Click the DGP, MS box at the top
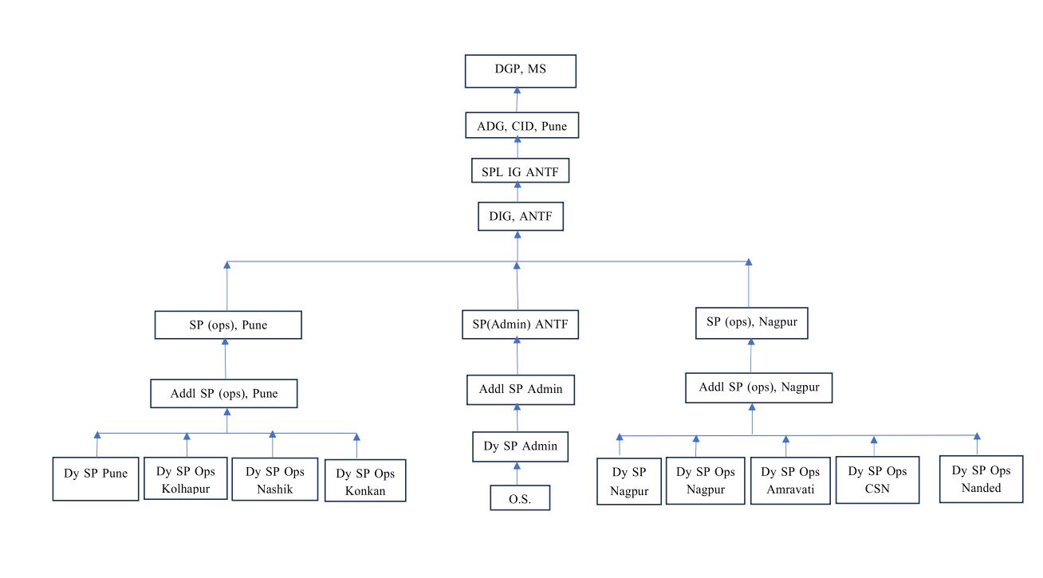tap(520, 71)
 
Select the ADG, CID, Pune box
tap(521, 125)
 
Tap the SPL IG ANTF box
tap(520, 171)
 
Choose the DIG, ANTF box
tap(520, 216)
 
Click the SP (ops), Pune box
tap(228, 325)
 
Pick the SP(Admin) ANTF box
tap(520, 324)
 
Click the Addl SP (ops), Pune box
tap(224, 393)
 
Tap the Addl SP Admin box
tap(520, 389)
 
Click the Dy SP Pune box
tap(96, 478)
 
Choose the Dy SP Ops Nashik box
tap(274, 478)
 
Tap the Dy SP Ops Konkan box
tap(365, 480)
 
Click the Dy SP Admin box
tap(520, 446)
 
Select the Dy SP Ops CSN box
tap(877, 479)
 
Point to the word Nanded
tap(981, 487)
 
